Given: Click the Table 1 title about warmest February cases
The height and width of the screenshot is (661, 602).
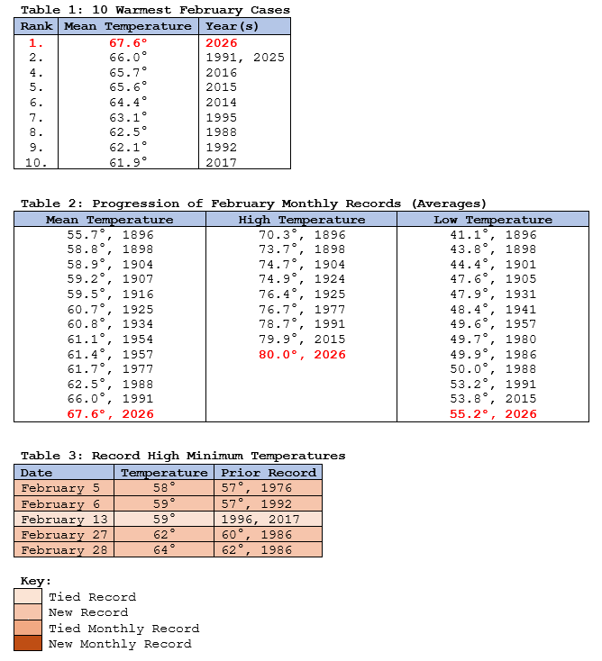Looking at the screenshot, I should click(155, 10).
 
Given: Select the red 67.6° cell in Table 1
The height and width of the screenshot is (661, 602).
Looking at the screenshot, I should click(127, 42).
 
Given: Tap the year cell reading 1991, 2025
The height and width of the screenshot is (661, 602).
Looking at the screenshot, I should click(245, 58).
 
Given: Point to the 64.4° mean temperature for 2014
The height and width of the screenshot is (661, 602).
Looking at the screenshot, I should click(127, 103).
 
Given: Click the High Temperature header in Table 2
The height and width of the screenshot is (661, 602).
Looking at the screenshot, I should click(302, 220).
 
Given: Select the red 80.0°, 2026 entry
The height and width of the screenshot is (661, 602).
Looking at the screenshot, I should click(302, 355).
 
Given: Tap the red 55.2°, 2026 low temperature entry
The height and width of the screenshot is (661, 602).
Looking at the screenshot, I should click(493, 414).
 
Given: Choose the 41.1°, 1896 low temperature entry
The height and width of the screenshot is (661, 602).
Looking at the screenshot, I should click(493, 235).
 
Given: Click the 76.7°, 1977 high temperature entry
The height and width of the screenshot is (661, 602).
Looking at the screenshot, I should click(302, 310).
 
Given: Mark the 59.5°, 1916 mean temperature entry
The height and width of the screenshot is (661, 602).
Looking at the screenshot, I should click(110, 294).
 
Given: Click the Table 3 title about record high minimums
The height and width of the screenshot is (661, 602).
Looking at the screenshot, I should click(183, 456).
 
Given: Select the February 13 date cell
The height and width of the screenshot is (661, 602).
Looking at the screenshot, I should click(64, 520).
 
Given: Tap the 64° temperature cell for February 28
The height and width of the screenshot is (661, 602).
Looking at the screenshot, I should click(164, 550).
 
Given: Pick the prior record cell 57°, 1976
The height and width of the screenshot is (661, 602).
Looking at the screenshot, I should click(267, 488).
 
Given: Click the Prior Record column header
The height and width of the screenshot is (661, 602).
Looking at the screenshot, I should click(268, 473).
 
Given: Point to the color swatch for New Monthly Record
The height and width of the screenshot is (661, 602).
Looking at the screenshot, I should click(28, 644).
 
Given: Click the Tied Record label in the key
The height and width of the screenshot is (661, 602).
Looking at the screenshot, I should click(92, 597).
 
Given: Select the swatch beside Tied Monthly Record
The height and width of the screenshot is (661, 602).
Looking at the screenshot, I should click(28, 629).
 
